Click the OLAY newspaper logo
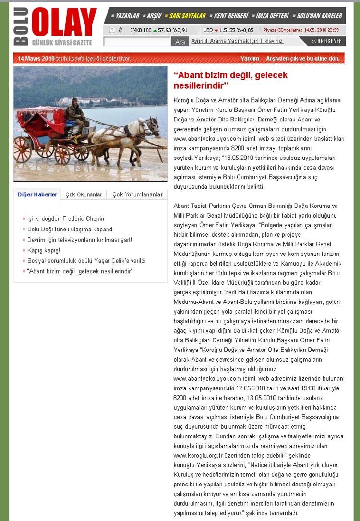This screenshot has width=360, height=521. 64,23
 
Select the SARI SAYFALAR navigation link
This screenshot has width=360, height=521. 188,16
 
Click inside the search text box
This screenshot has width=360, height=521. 137,42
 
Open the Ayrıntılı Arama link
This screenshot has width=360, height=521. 237,41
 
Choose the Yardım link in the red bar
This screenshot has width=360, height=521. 250,59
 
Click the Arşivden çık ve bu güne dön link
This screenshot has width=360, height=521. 302,59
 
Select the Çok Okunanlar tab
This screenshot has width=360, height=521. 84,194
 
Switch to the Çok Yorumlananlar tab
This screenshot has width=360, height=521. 137,194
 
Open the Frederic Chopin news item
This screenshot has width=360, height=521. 66,219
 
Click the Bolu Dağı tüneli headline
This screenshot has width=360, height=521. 71,229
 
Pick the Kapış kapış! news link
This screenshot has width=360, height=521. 44,250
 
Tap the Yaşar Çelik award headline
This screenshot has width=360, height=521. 86,261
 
